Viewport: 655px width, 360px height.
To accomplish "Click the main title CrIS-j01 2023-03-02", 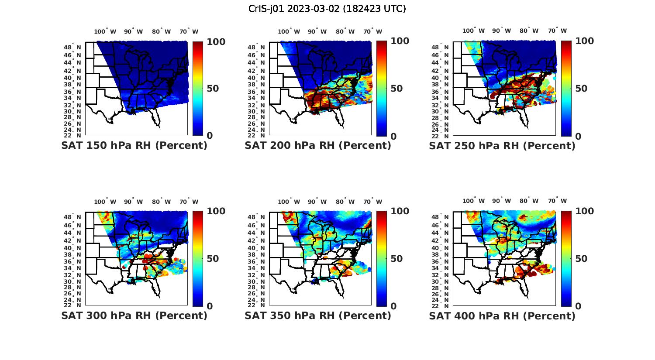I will [327, 9].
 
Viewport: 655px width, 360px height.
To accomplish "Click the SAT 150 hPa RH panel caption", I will [134, 145].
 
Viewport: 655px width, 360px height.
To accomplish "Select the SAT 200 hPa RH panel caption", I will [318, 145].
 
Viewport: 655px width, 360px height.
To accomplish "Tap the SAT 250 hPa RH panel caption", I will [502, 145].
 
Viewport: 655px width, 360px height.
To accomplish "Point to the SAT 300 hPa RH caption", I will [134, 315].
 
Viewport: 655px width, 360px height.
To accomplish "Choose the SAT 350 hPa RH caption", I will [318, 315].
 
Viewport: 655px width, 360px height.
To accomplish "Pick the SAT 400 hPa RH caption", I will [502, 315].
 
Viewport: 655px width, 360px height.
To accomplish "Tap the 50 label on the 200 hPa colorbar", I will [396, 89].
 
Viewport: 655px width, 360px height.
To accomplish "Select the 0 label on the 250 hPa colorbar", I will [578, 136].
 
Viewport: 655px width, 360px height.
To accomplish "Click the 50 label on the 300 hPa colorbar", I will [212, 259].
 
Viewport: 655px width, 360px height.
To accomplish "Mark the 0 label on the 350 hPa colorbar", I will [393, 306].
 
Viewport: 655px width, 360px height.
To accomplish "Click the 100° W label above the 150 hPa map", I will [105, 31].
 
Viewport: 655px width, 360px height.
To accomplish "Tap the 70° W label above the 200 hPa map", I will [372, 31].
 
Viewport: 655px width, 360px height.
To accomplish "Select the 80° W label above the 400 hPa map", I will [529, 201].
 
